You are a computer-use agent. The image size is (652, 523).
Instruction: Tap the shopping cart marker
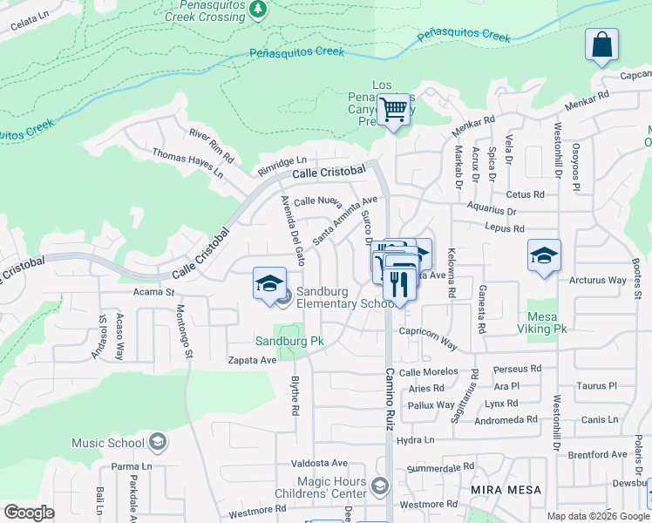point(394,110)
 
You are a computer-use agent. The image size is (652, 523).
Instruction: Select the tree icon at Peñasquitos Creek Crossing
point(257,9)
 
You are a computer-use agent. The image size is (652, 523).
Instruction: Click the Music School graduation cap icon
point(158,443)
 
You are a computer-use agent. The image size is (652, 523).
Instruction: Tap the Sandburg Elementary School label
point(345,297)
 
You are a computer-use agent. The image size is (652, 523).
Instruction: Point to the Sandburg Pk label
point(289,341)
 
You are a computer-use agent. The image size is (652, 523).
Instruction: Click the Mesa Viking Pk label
point(547,323)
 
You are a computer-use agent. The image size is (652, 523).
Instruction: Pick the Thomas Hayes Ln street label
point(187,163)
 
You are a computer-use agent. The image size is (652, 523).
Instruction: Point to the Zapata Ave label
point(252,359)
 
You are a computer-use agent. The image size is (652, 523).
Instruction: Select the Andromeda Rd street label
point(507,419)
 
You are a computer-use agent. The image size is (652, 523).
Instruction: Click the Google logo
point(30,513)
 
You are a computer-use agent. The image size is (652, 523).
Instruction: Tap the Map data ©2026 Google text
point(599,516)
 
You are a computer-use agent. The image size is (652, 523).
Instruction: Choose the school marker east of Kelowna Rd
point(544,255)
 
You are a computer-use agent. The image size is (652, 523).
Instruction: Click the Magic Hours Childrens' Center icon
point(379,485)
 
